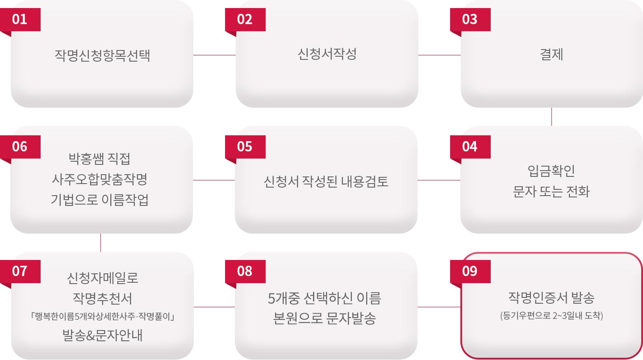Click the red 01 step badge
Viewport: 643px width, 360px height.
(x=21, y=20)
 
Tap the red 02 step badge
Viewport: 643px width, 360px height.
(x=245, y=20)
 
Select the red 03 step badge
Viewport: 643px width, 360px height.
(x=470, y=20)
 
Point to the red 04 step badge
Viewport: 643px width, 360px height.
(x=470, y=147)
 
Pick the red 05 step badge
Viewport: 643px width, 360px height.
(x=245, y=147)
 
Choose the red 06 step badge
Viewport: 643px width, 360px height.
(x=21, y=147)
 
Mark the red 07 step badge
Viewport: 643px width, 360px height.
(x=21, y=271)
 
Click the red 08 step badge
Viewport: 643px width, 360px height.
(x=245, y=271)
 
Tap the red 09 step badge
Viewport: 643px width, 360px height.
(x=470, y=271)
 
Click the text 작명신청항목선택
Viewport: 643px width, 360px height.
(x=102, y=56)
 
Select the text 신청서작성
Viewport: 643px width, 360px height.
(x=327, y=54)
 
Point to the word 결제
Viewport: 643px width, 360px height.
(x=551, y=54)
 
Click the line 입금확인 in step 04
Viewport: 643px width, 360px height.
(x=551, y=171)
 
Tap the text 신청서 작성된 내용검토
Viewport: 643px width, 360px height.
(x=326, y=182)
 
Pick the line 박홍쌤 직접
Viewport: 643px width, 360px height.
(x=100, y=159)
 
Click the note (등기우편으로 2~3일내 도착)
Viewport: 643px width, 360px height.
(x=551, y=316)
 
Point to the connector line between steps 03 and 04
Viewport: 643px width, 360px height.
(x=552, y=117)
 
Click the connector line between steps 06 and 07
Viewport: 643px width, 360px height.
(x=101, y=243)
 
